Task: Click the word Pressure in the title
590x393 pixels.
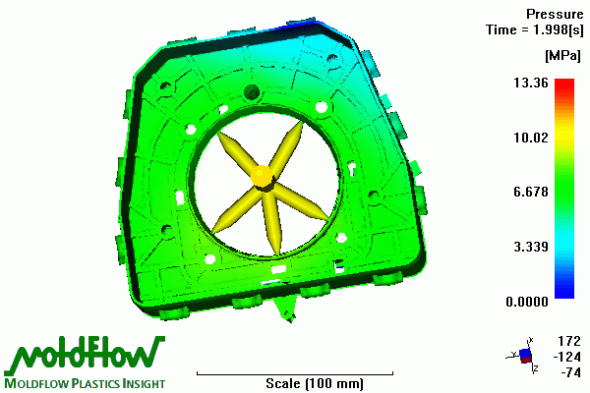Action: [555, 15]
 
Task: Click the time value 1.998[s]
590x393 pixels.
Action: [559, 29]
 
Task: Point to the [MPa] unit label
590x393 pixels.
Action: [562, 56]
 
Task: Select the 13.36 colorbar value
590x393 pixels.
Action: [531, 83]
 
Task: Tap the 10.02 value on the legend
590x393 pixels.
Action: [531, 138]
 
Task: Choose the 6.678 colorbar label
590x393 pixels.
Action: [531, 192]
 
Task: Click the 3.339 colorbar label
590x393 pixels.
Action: [531, 247]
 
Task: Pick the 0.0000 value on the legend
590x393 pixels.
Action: [527, 302]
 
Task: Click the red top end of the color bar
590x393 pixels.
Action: [564, 82]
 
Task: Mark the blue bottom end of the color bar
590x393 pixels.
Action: [564, 295]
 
